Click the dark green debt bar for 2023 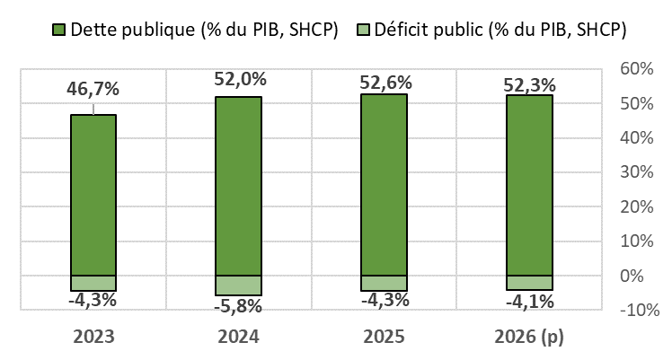[93, 195]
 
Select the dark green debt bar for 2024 [238, 186]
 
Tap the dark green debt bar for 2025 [384, 185]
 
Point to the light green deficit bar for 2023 [93, 283]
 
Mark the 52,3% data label [530, 85]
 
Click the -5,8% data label [239, 307]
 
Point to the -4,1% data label [530, 301]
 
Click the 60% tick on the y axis [636, 69]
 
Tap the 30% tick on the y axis [636, 172]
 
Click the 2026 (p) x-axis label [529, 338]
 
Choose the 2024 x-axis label [238, 338]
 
